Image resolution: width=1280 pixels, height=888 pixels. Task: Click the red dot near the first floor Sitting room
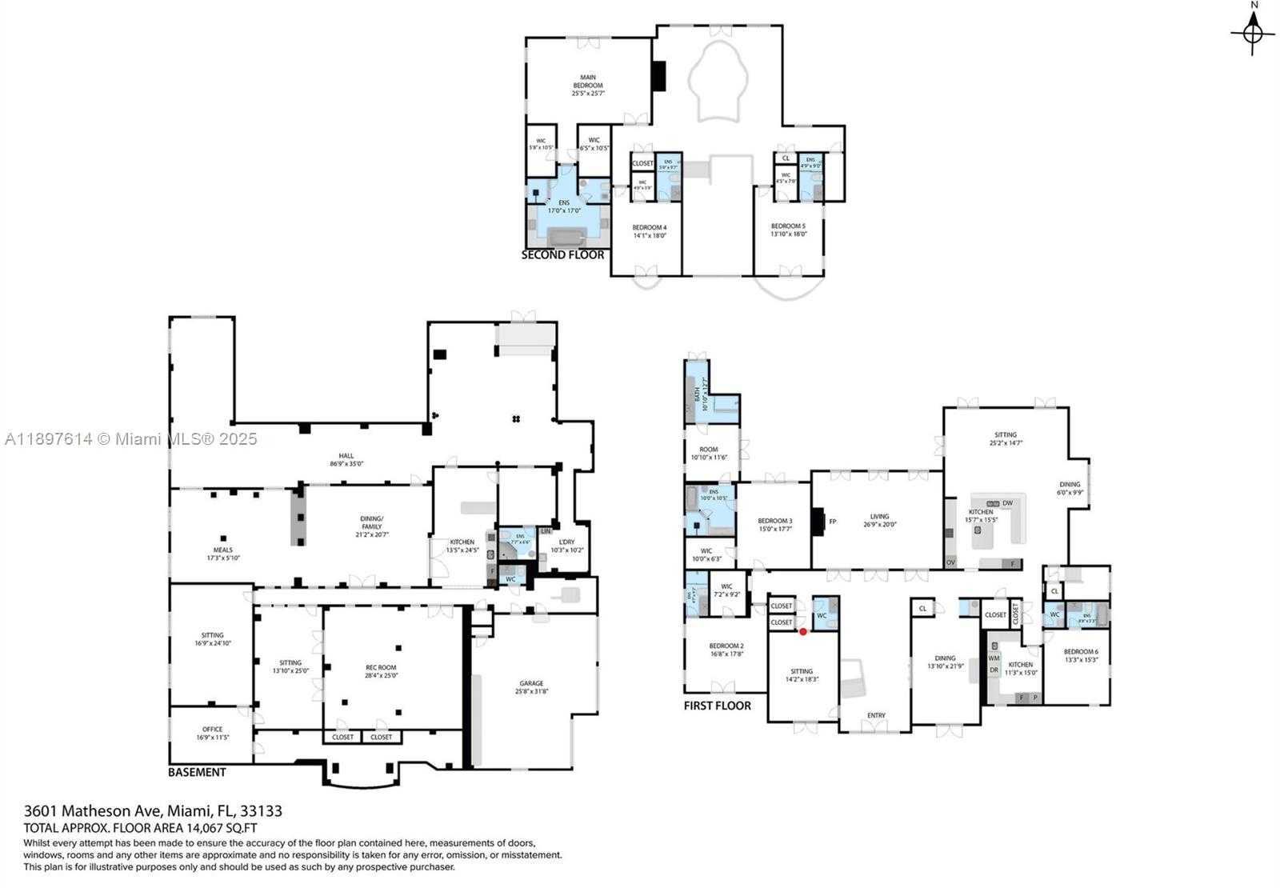click(x=803, y=631)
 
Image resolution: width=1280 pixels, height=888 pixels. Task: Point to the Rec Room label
click(x=381, y=670)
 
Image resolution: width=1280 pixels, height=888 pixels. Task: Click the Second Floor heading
click(x=562, y=255)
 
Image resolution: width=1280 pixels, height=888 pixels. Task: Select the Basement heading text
click(x=197, y=772)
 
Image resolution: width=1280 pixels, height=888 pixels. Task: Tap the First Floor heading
click(x=717, y=706)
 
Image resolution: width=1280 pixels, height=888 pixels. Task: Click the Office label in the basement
click(x=212, y=733)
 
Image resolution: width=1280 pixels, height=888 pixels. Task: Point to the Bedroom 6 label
click(x=1081, y=655)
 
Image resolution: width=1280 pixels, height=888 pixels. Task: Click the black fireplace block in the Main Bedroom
click(x=658, y=77)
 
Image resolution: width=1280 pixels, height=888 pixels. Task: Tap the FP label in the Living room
click(x=832, y=522)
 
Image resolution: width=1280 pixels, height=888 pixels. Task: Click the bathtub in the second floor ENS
click(x=568, y=237)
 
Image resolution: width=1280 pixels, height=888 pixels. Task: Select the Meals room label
click(x=222, y=554)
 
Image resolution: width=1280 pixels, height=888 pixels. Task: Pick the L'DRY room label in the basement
click(x=566, y=546)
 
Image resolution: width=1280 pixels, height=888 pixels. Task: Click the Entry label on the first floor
click(x=876, y=715)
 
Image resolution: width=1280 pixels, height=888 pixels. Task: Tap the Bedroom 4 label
click(x=649, y=231)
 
